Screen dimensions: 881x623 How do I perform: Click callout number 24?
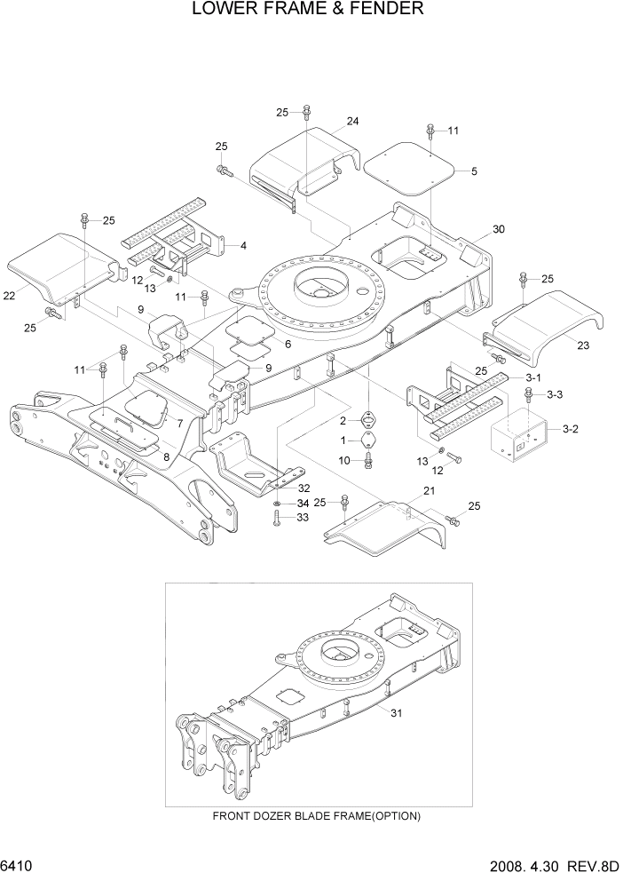click(x=352, y=122)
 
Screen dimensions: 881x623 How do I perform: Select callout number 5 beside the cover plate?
click(x=473, y=171)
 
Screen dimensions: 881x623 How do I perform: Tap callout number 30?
click(x=498, y=229)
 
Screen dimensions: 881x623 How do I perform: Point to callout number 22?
click(x=9, y=296)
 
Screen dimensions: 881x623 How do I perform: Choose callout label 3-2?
click(x=572, y=429)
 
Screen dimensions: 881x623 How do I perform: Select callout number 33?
click(x=302, y=518)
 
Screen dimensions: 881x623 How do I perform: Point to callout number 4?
click(x=243, y=245)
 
